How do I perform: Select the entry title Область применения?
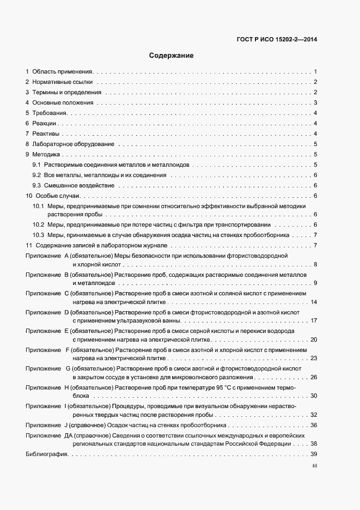click(x=63, y=71)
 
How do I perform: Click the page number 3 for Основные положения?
click(x=315, y=102)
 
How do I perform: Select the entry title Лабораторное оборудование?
click(x=73, y=144)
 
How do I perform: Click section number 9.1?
click(x=37, y=165)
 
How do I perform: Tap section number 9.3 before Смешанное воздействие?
click(x=37, y=185)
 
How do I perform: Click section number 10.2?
click(x=38, y=224)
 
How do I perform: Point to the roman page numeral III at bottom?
click(x=314, y=466)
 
